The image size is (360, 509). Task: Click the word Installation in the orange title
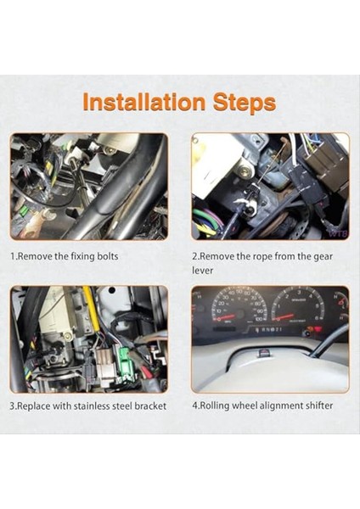(x=144, y=102)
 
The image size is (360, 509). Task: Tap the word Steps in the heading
(x=245, y=103)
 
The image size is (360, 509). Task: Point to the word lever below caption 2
(x=202, y=270)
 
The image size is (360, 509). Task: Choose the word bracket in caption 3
(x=150, y=406)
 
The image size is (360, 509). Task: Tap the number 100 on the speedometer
(x=259, y=319)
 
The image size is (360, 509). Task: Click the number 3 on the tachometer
(x=300, y=292)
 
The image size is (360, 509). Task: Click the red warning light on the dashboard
(x=319, y=329)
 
